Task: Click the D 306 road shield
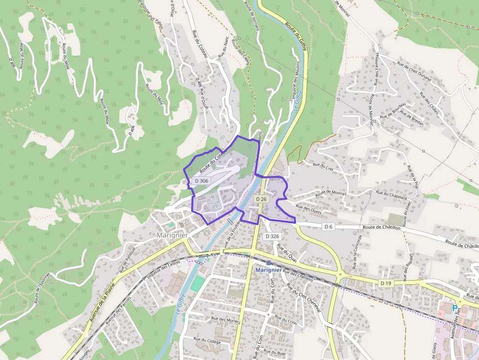tap(201, 181)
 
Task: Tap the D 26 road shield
tap(261, 199)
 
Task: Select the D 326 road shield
tap(272, 236)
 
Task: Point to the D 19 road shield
tap(386, 283)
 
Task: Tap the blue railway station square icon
tap(268, 263)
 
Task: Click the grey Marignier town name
tap(173, 235)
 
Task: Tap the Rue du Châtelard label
tap(392, 195)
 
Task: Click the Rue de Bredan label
tap(412, 120)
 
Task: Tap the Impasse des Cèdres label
tap(164, 270)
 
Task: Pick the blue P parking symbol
tap(455, 308)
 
